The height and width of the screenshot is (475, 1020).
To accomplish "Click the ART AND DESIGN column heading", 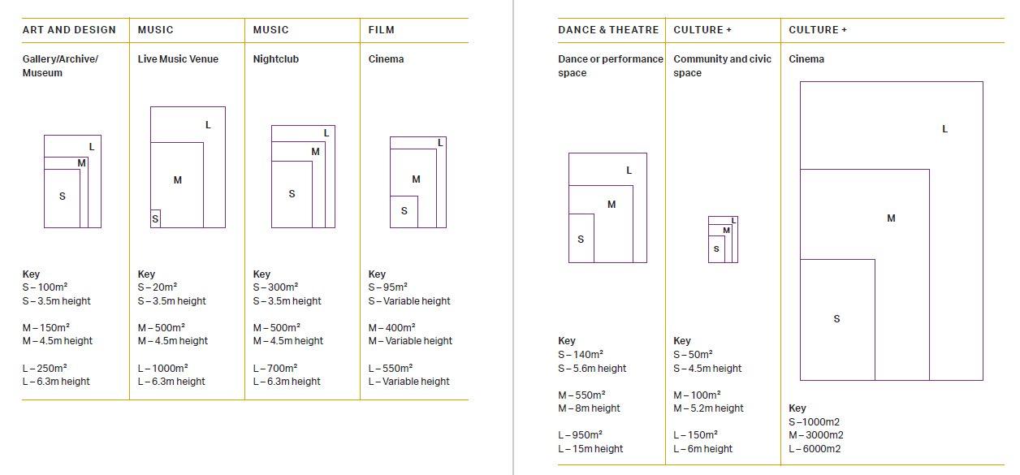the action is click(x=69, y=30).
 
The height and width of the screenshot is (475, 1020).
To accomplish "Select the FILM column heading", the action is click(x=381, y=30).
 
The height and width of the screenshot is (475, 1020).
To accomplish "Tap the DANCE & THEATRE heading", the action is click(x=608, y=30).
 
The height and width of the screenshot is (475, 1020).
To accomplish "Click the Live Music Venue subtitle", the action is click(x=178, y=59).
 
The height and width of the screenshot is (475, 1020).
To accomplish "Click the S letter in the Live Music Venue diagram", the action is click(x=155, y=219).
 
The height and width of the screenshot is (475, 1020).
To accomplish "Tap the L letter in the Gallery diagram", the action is click(x=92, y=147).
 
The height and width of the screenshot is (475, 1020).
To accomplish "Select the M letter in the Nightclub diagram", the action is click(x=315, y=152).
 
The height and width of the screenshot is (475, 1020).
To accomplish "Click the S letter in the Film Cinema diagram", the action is click(x=404, y=211).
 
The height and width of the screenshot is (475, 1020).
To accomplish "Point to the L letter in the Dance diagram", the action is click(x=629, y=171).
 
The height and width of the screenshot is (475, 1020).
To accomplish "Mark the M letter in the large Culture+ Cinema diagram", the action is click(x=891, y=218).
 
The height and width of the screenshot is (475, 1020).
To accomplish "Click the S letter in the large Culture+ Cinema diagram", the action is click(x=836, y=319).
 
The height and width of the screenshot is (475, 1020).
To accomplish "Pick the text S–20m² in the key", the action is click(x=158, y=287).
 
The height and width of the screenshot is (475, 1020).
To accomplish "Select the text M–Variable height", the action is click(x=410, y=341).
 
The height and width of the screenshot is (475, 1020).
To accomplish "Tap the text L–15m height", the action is click(x=590, y=449).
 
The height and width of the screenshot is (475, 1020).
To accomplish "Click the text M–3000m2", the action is click(x=815, y=436).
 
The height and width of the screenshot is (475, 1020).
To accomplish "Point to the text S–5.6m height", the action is click(x=592, y=369).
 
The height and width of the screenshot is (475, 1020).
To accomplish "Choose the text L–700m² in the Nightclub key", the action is click(x=275, y=368).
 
